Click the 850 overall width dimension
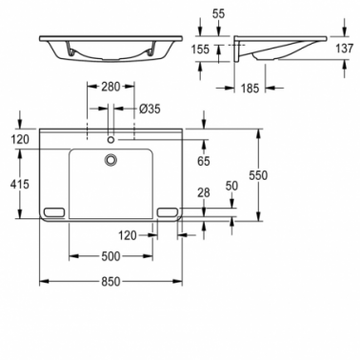click(x=111, y=281)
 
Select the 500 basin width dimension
click(x=110, y=256)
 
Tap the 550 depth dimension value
click(x=258, y=175)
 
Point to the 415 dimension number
click(x=20, y=184)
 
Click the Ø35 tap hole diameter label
click(x=150, y=109)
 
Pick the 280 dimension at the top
click(x=110, y=87)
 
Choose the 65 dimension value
click(x=204, y=161)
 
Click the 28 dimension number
click(x=204, y=192)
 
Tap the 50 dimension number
click(x=231, y=186)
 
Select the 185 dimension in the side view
click(x=250, y=89)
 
